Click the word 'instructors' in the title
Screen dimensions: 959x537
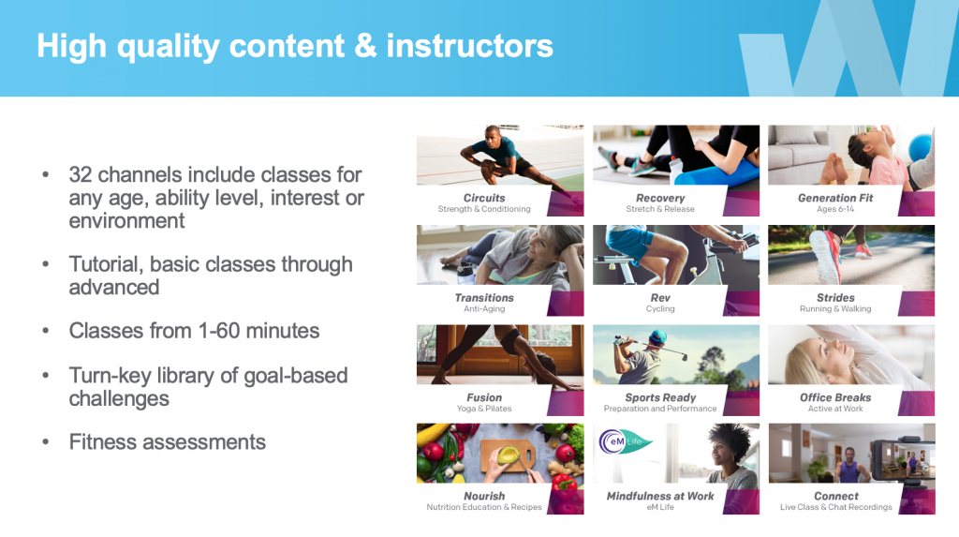tap(469, 46)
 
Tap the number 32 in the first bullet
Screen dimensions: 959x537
tap(81, 174)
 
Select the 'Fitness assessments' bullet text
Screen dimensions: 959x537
tap(167, 442)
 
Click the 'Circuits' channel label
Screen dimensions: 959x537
tap(484, 198)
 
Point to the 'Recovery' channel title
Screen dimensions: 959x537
tap(660, 198)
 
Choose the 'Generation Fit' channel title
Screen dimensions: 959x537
tap(834, 198)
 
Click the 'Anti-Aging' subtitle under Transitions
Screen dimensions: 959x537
tap(484, 308)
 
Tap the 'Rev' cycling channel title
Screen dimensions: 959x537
tap(660, 298)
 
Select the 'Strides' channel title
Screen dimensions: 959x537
tap(834, 298)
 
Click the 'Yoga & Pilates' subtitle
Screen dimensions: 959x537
tap(484, 409)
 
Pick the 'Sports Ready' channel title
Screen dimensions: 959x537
tap(660, 397)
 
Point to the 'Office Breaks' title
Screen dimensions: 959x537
tap(834, 397)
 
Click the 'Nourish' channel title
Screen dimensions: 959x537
tap(484, 496)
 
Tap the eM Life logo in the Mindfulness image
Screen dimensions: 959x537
tap(624, 441)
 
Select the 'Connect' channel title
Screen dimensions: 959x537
tap(835, 496)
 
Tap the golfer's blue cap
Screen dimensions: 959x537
tap(657, 336)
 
